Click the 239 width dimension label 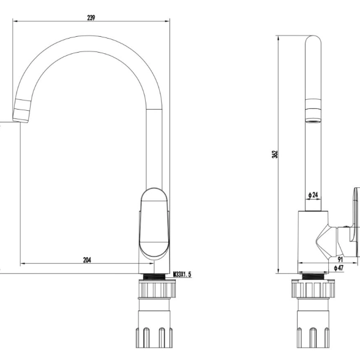[x=91, y=18]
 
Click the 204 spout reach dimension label [x=87, y=260]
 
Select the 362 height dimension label [x=274, y=154]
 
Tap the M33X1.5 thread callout [x=182, y=274]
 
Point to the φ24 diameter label [x=313, y=195]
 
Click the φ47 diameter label [x=339, y=268]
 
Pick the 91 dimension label [x=340, y=259]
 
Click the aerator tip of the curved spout [x=21, y=111]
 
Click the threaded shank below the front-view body [x=154, y=277]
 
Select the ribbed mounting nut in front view [x=157, y=289]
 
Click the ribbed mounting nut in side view [x=313, y=288]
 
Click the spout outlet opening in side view [x=313, y=121]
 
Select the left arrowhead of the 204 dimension [x=23, y=263]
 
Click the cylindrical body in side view [x=313, y=242]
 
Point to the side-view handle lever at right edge [x=355, y=222]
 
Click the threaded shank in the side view [x=313, y=276]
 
